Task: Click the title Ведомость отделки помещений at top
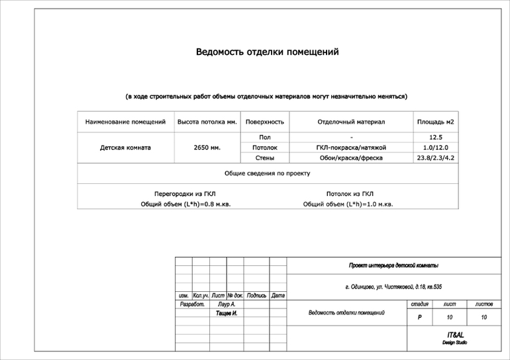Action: coord(267,52)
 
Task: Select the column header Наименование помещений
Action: coord(125,122)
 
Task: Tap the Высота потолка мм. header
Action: coord(207,122)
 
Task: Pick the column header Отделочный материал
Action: coord(351,122)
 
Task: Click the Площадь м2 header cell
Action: coord(435,122)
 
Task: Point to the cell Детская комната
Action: coord(125,148)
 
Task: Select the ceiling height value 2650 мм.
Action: coord(207,148)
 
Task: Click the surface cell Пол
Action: coord(264,137)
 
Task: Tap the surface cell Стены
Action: coord(264,158)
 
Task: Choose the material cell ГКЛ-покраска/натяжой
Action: coord(351,148)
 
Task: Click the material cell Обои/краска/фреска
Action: coord(351,158)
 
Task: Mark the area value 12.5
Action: coord(435,137)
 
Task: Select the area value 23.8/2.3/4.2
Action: coord(435,158)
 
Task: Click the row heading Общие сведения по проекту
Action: coord(267,173)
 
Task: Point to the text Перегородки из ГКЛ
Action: coord(185,194)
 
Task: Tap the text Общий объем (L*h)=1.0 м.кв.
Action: coord(348,204)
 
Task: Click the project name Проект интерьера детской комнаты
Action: coord(393,266)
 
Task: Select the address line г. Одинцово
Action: coord(393,287)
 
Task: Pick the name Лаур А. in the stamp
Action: coord(227,304)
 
